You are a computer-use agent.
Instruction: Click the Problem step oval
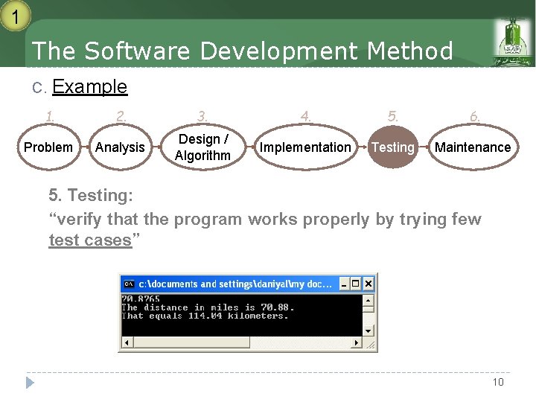48,147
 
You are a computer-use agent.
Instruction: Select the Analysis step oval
120,147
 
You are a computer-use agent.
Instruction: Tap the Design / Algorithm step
202,147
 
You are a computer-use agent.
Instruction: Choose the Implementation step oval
304,147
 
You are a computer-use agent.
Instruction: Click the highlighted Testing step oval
392,147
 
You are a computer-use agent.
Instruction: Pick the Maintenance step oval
473,147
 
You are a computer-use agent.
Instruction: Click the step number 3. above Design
202,116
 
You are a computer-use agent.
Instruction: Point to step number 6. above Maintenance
474,116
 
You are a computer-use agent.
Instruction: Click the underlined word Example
90,87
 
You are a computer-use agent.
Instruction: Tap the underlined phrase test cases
89,240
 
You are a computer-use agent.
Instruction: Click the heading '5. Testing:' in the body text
91,196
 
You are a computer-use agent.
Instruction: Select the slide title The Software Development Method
243,51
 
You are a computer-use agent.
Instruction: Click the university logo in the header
514,43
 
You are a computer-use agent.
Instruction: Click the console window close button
368,284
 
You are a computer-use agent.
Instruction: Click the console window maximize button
356,284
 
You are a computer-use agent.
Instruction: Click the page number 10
497,382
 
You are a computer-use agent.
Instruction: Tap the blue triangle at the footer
30,383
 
